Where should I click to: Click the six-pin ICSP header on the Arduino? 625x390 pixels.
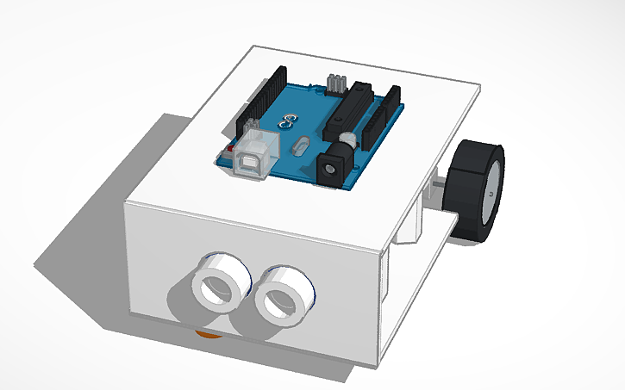coord(335,84)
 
